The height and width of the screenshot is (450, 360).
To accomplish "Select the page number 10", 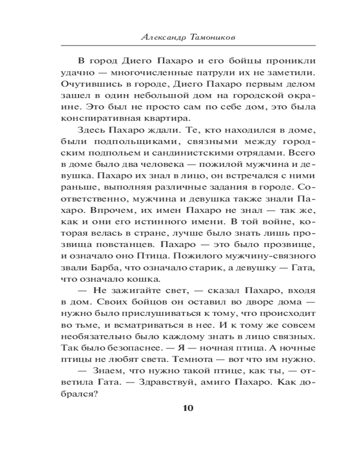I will click(x=188, y=408).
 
